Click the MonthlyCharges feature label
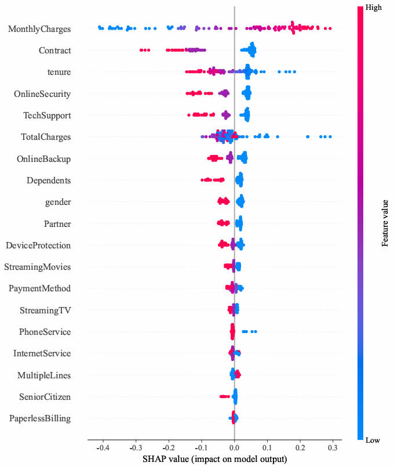click(39, 28)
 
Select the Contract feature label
click(55, 50)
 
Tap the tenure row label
click(59, 72)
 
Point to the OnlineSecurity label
click(43, 93)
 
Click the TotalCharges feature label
click(47, 137)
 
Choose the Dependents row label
click(49, 180)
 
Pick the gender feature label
click(58, 202)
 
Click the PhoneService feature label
click(45, 332)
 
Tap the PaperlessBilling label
click(41, 418)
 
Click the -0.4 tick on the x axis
click(102, 449)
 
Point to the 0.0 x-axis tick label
click(234, 449)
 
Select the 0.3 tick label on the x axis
click(333, 449)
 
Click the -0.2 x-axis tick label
click(168, 449)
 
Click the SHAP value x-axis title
click(214, 460)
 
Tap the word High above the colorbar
click(374, 8)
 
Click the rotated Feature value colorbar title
click(385, 223)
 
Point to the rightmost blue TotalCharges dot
click(330, 137)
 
